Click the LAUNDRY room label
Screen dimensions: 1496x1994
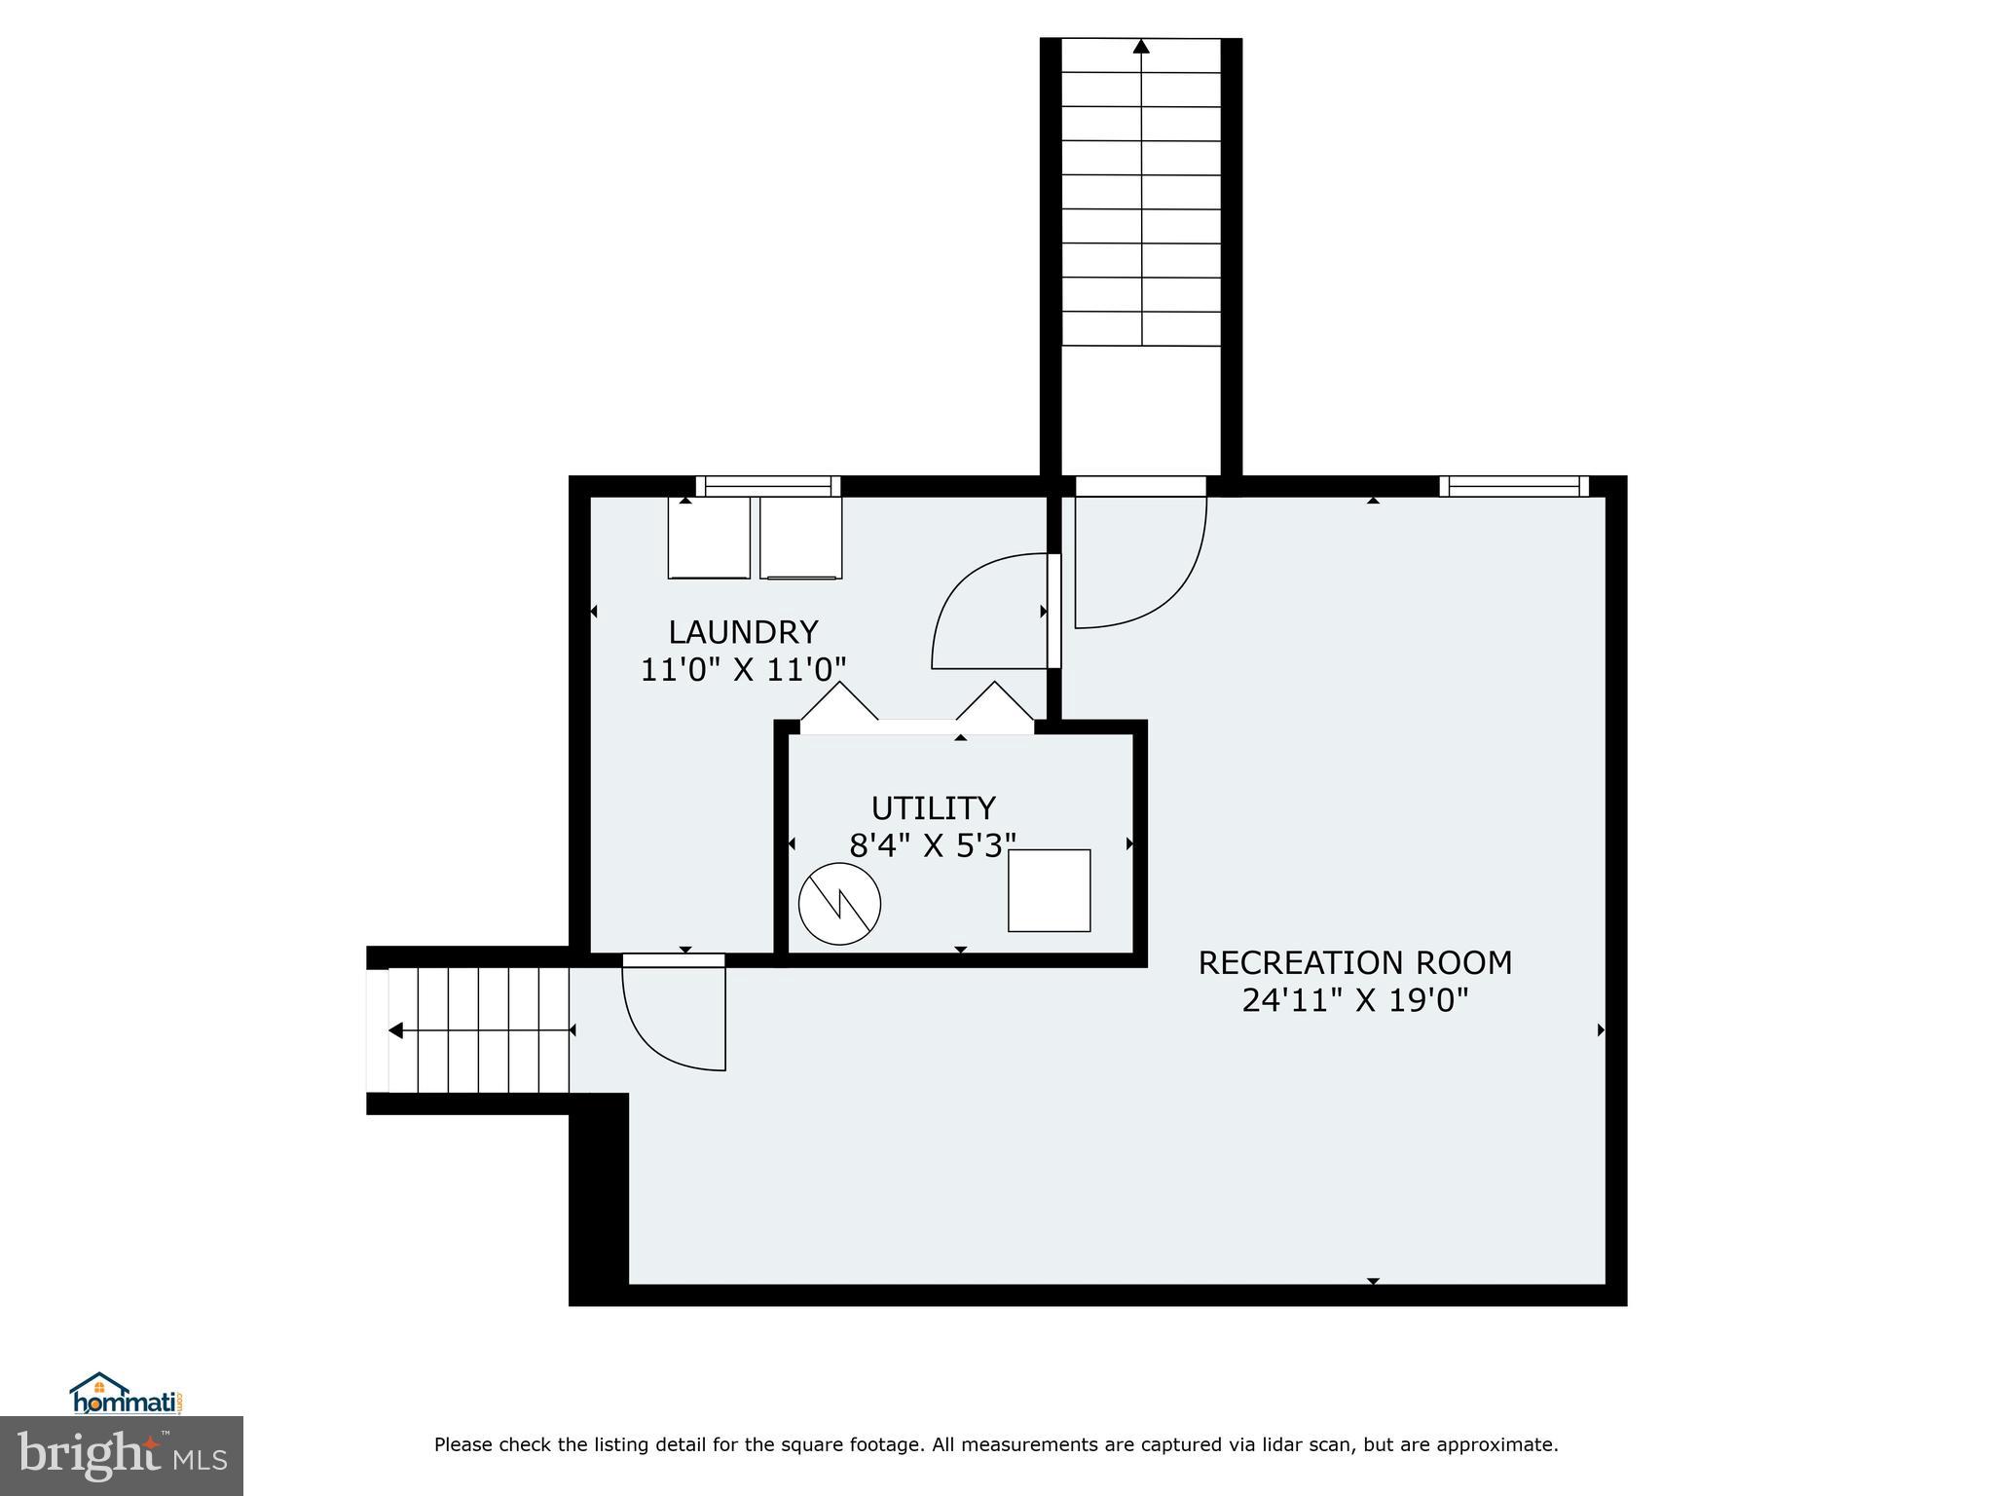[743, 633]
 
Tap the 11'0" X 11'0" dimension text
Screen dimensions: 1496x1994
[743, 670]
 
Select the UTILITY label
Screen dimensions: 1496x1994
[933, 808]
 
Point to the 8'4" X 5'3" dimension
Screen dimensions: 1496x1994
[933, 845]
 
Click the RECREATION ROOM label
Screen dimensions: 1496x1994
[1354, 963]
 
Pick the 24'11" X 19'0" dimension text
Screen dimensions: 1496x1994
[1354, 1000]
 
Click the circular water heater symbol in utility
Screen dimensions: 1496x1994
[839, 904]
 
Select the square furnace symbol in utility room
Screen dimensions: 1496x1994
[1049, 890]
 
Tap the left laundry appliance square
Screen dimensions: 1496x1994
[709, 538]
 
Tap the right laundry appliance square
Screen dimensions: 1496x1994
[800, 538]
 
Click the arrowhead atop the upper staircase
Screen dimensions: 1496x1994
[1141, 46]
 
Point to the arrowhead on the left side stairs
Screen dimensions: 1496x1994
[395, 1030]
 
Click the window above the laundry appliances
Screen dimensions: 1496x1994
[767, 486]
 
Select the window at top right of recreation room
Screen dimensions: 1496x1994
[1513, 486]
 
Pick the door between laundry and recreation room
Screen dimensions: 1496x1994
[993, 614]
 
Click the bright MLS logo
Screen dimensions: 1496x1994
[122, 1455]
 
